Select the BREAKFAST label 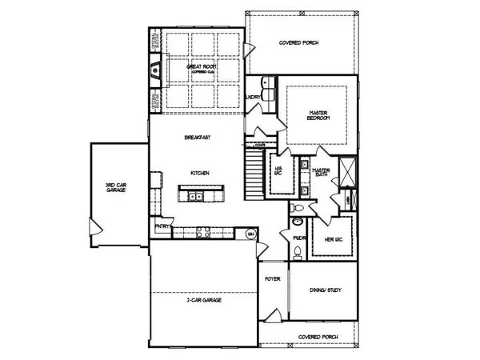point(197,138)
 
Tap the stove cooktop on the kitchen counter point(202,234)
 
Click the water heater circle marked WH point(250,234)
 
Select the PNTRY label point(163,226)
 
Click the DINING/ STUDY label point(324,290)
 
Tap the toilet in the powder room point(295,253)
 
